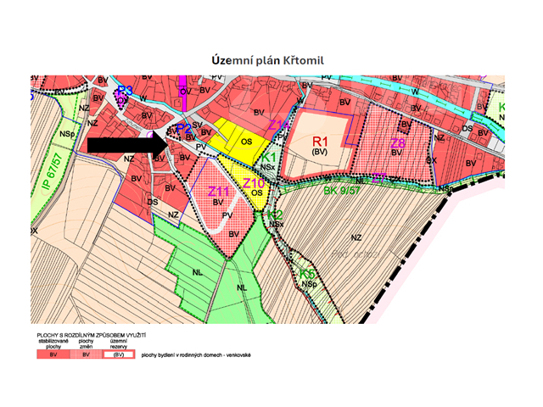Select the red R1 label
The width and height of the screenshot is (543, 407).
point(321,141)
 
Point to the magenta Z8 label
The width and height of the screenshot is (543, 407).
point(397,145)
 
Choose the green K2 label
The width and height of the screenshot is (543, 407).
point(274,215)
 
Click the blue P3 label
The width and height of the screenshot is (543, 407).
point(126,90)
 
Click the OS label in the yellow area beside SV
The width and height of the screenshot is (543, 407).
point(247,142)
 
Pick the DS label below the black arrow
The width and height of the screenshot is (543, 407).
point(153,202)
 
